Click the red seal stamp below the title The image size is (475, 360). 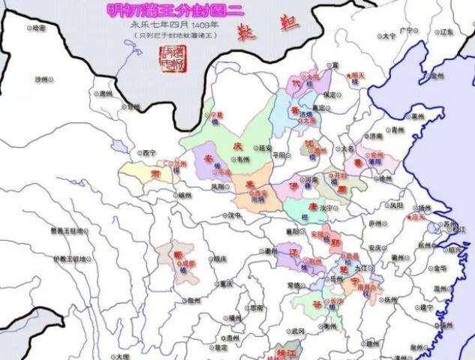pyautogui.click(x=172, y=55)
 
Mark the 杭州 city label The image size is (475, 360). pyautogui.click(x=425, y=244)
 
